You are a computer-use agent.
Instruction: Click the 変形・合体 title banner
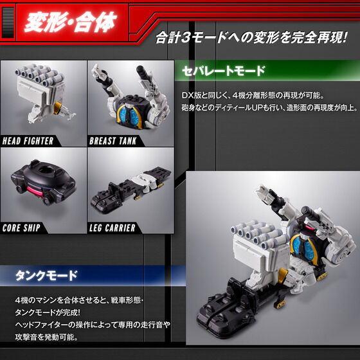(70, 24)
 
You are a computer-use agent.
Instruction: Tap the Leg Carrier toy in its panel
(129, 186)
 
